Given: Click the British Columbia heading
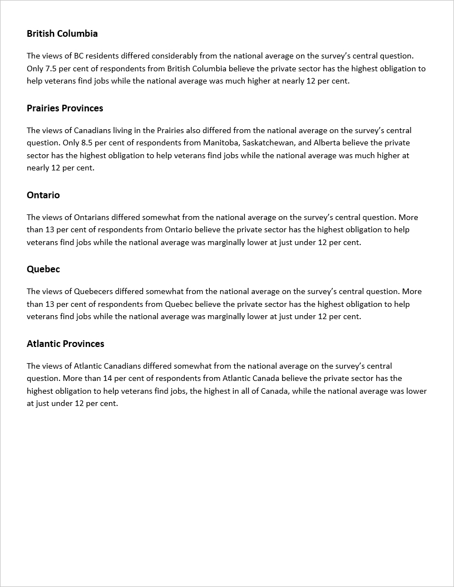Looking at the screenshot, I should click(x=62, y=33).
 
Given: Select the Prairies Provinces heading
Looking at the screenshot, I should click(x=65, y=108).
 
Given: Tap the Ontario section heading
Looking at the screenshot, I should click(x=43, y=195).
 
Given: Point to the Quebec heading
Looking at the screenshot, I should click(x=43, y=269).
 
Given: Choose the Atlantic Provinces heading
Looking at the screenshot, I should click(x=66, y=344).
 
